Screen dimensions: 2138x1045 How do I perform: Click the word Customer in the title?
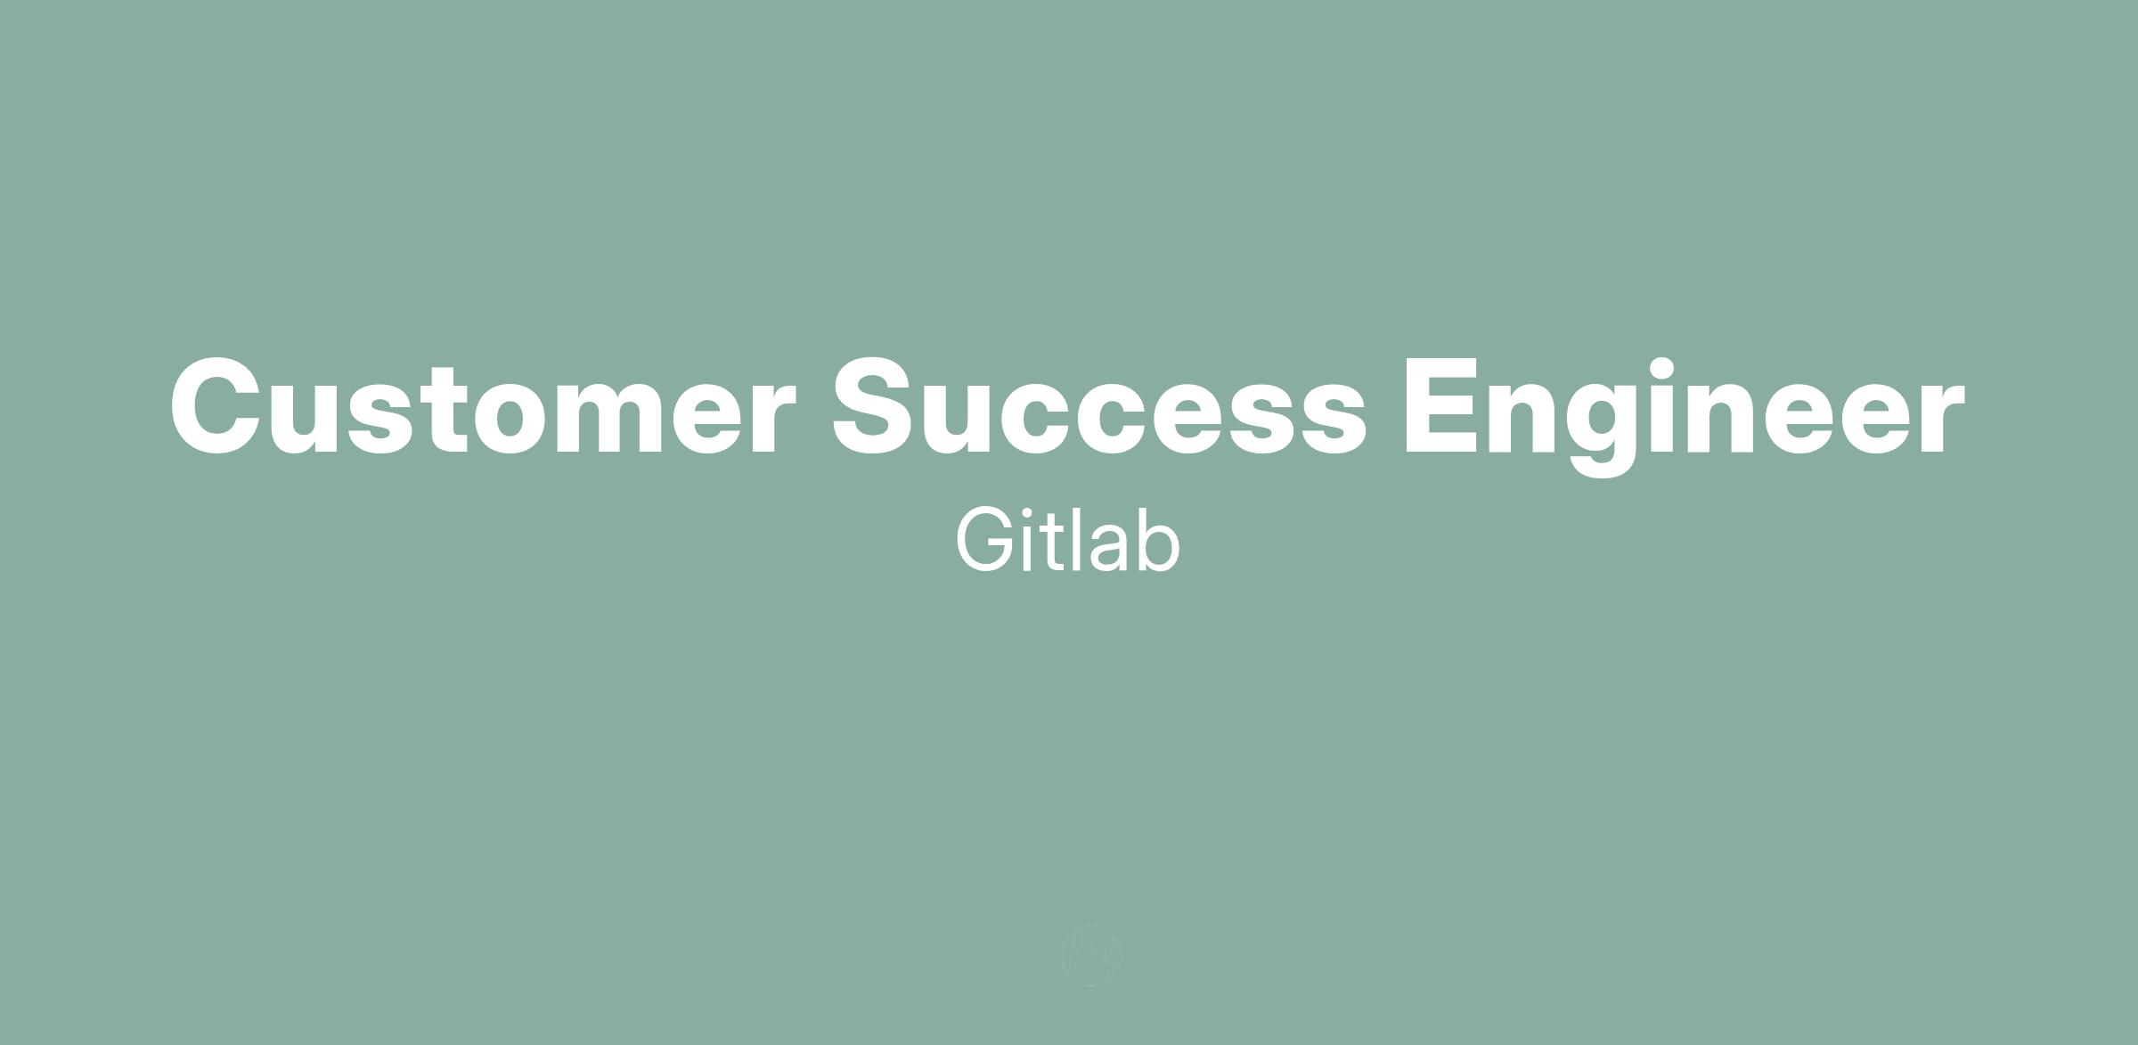482,406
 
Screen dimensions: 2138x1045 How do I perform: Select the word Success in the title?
1098,406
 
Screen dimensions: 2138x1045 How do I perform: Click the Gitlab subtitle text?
1068,540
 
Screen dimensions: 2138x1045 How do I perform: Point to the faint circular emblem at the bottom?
1091,956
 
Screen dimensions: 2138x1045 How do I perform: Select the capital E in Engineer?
1441,406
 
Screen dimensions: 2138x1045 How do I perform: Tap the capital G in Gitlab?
984,541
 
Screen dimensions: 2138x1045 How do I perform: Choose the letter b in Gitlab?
1160,541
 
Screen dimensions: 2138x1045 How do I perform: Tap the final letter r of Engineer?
1938,417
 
